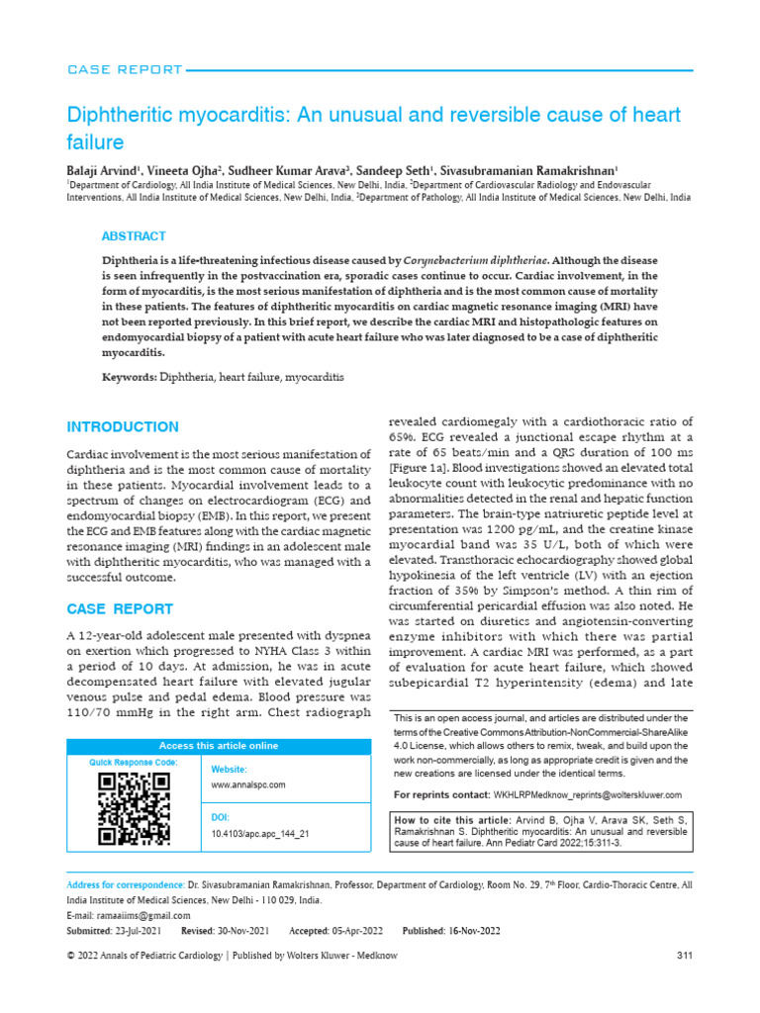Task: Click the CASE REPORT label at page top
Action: [124, 69]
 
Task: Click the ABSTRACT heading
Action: [134, 236]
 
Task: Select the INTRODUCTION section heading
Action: [122, 427]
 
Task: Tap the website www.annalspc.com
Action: [248, 784]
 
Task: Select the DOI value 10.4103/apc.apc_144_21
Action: [260, 834]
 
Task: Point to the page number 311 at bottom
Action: [684, 955]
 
